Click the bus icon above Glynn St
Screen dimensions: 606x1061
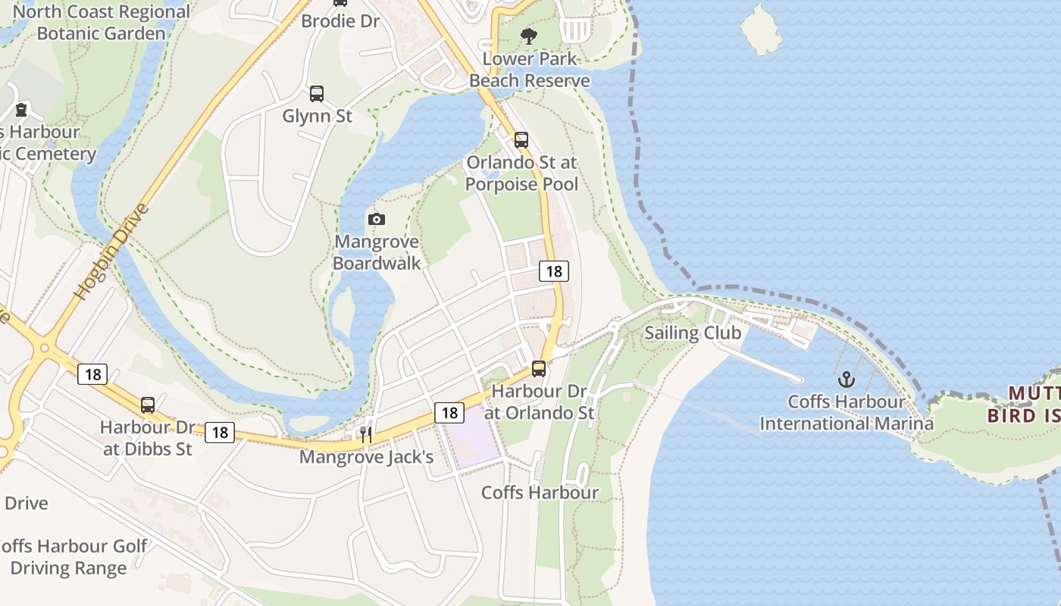[x=317, y=94]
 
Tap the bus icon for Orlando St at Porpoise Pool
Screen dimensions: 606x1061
[x=521, y=139]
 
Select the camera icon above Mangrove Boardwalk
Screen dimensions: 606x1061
[x=376, y=220]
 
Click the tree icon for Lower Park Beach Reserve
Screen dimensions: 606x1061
[x=529, y=36]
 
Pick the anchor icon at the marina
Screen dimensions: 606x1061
[x=846, y=379]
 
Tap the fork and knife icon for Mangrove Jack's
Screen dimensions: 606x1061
[x=366, y=435]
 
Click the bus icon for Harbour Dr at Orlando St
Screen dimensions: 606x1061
[x=539, y=369]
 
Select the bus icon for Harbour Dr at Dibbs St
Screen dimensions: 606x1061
[x=148, y=405]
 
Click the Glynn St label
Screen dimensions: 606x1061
[x=317, y=116]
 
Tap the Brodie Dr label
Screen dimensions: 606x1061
[x=340, y=20]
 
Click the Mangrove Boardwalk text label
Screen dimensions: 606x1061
[x=377, y=252]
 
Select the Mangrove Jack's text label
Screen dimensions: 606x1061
[x=366, y=457]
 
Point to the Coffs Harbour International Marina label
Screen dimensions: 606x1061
[x=847, y=412]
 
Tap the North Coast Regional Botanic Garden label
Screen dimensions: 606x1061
[x=101, y=23]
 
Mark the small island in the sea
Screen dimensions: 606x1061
[x=761, y=29]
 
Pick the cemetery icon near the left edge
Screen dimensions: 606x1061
[x=20, y=110]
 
